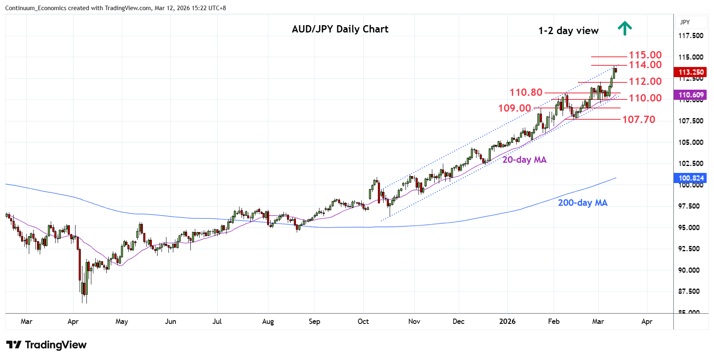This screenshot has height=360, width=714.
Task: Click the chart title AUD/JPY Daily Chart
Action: [340, 29]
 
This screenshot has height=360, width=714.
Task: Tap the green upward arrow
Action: [625, 28]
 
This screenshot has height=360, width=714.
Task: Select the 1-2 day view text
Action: [568, 31]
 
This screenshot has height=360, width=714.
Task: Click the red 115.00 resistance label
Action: [645, 55]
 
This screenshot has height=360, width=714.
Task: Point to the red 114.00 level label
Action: [645, 65]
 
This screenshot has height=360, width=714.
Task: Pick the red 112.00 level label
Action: [645, 82]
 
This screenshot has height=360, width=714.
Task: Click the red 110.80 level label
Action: [526, 93]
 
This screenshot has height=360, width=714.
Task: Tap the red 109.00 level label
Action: [514, 108]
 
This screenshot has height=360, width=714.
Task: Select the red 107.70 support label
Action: [639, 120]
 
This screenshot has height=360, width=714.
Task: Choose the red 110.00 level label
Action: [645, 98]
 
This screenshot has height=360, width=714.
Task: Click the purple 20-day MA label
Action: [524, 160]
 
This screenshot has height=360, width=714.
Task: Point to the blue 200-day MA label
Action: [582, 203]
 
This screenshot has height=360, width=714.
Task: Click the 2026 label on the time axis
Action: [507, 321]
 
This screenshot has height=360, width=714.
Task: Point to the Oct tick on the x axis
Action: [363, 321]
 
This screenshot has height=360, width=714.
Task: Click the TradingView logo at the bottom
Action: [46, 345]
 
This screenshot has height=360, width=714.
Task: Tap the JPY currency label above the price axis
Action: [685, 22]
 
